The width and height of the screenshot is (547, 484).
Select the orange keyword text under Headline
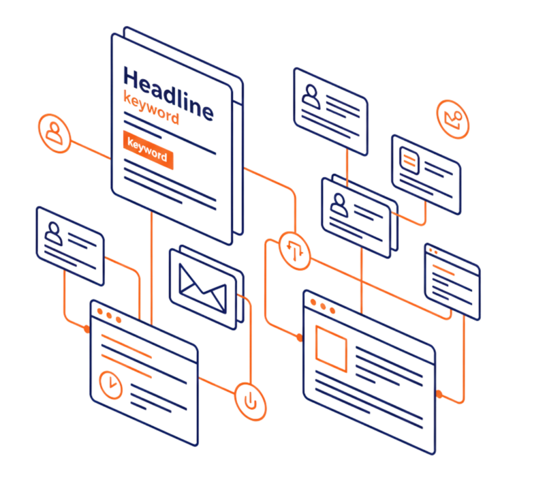click(151, 108)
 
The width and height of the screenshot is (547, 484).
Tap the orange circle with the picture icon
click(453, 119)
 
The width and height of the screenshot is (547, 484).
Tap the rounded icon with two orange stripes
click(411, 159)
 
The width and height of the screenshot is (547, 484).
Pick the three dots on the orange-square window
click(322, 306)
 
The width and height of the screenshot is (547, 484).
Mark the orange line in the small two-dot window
click(442, 267)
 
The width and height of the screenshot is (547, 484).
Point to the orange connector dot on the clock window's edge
click(87, 329)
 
